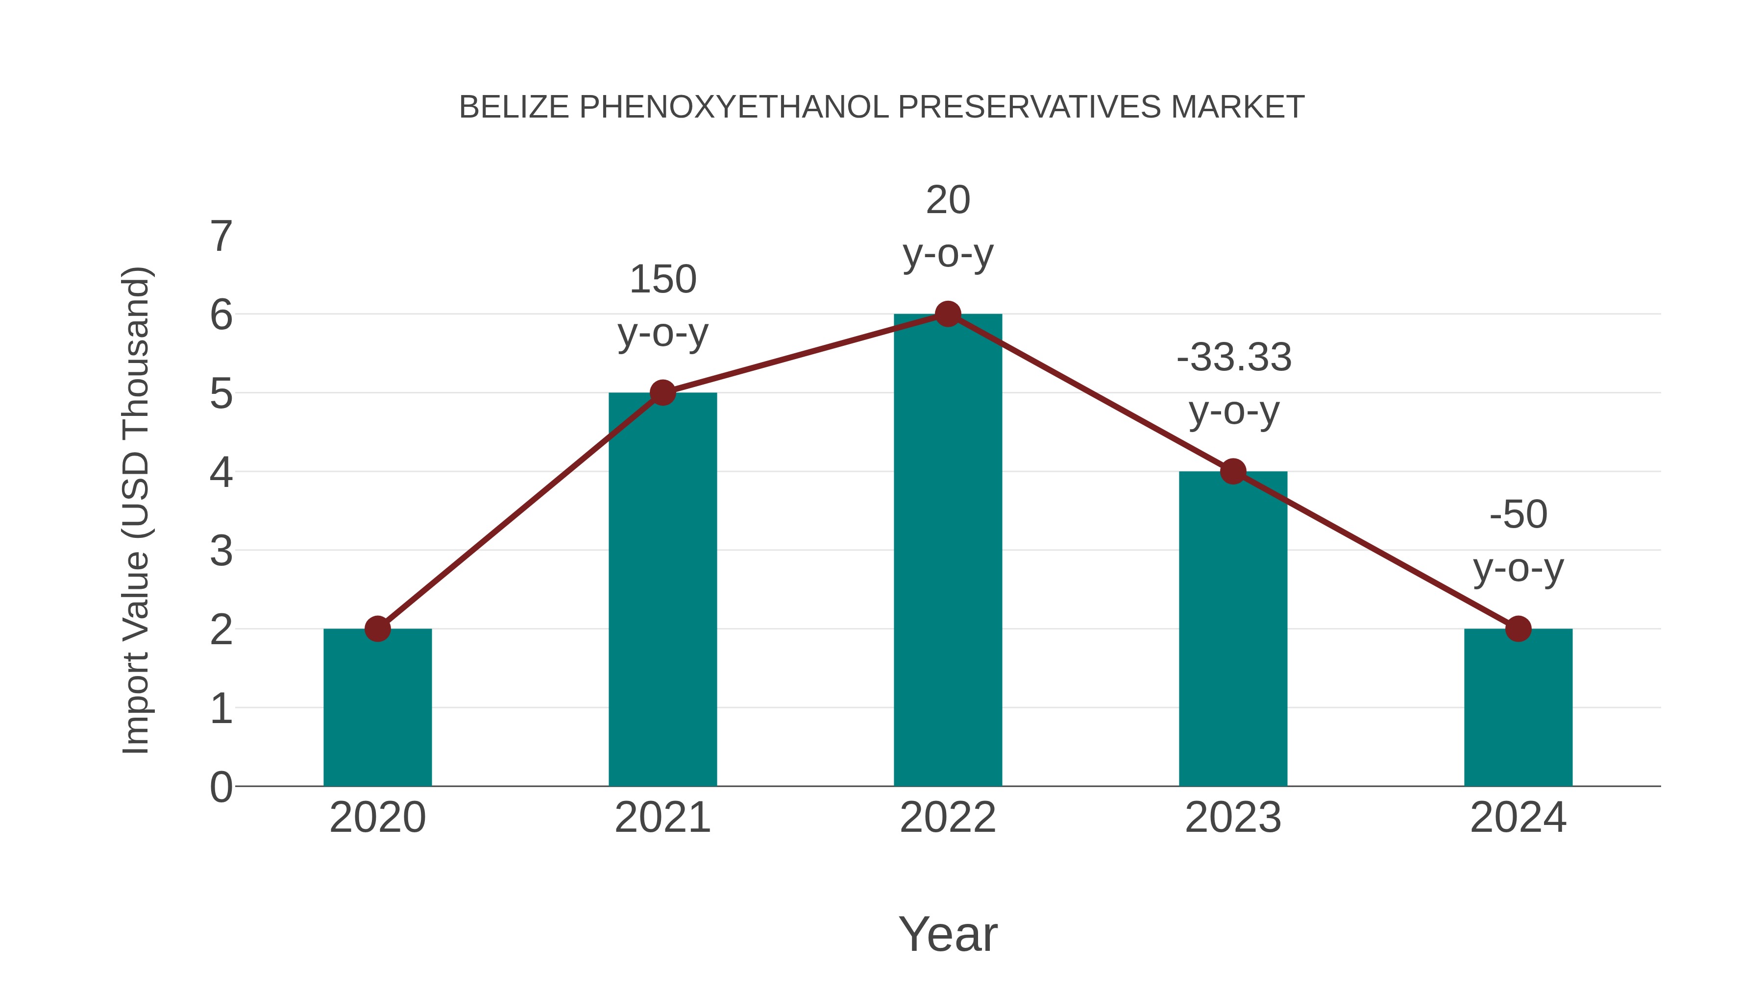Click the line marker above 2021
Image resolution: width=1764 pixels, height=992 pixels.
click(663, 392)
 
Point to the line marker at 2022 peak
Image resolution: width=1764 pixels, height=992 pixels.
click(948, 314)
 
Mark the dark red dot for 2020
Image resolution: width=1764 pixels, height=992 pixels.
click(377, 629)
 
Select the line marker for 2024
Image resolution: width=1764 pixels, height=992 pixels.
click(1518, 629)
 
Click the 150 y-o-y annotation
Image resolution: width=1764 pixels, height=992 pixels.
click(663, 306)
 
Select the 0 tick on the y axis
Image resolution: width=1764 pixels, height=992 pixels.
click(221, 787)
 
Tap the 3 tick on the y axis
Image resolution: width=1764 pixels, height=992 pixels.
click(221, 551)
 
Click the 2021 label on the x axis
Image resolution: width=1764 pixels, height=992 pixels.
click(663, 818)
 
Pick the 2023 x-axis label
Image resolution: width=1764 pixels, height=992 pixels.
click(1233, 818)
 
